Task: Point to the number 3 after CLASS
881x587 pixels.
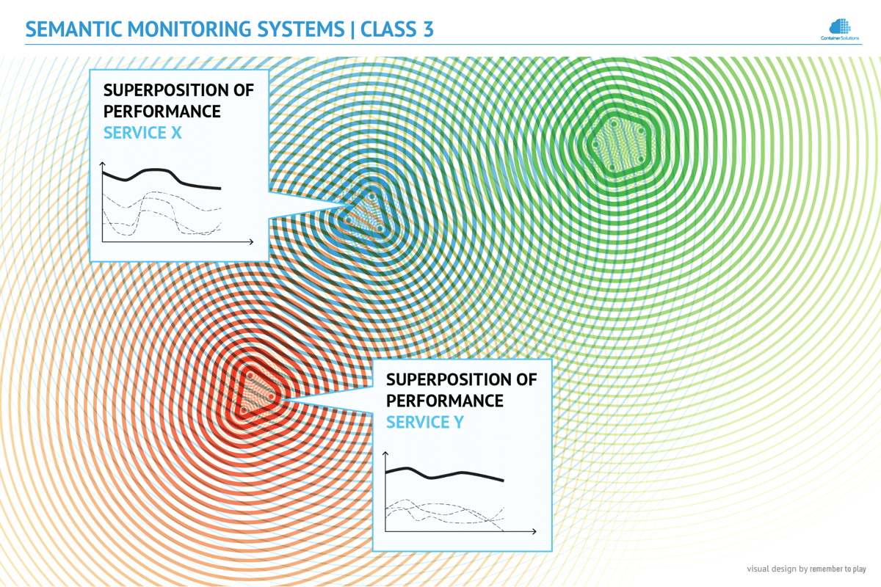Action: [427, 29]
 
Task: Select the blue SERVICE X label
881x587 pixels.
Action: [142, 134]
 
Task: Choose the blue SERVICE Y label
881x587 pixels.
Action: [424, 423]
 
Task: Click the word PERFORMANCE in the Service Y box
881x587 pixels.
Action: [444, 401]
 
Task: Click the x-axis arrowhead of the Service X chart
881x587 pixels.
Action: [251, 241]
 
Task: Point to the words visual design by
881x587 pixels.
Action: [777, 569]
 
